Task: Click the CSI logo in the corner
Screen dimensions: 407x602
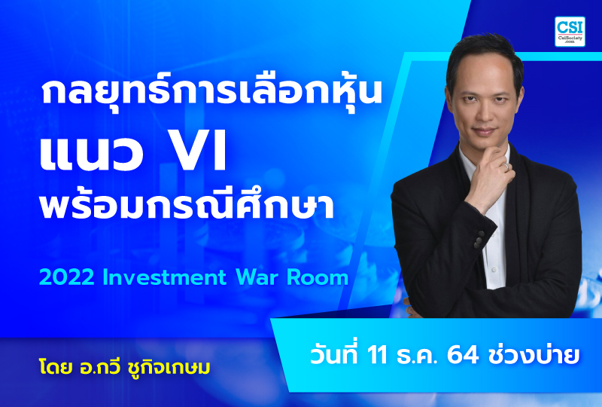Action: point(571,32)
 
